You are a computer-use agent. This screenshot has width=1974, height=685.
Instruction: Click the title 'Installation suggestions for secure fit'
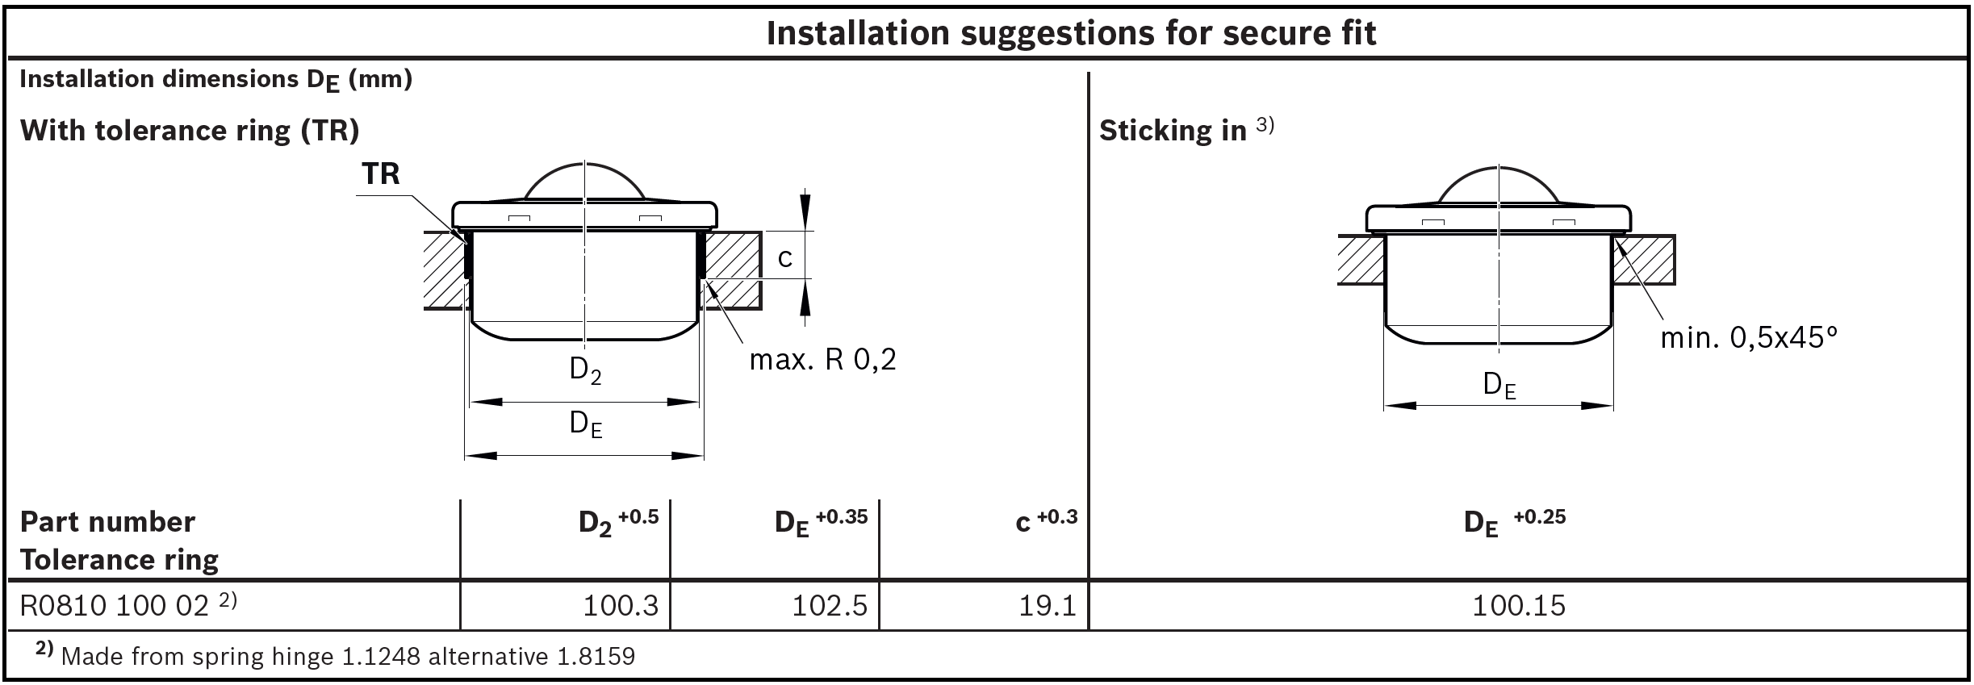[1071, 33]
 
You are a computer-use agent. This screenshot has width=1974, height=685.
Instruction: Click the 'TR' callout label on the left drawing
[381, 173]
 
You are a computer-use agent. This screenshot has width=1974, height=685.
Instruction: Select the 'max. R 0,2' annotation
[822, 359]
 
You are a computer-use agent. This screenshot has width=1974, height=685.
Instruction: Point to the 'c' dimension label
[784, 257]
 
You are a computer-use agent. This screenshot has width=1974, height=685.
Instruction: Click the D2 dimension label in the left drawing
[585, 370]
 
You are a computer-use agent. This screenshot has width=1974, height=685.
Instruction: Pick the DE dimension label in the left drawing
[586, 424]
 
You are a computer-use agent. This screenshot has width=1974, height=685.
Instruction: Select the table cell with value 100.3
[621, 605]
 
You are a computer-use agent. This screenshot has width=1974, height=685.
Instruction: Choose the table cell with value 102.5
[829, 605]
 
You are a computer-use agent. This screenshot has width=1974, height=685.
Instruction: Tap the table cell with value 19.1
[1046, 605]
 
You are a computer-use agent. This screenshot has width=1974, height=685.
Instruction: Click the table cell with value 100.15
[1519, 605]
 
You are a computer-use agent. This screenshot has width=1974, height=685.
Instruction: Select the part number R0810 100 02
[115, 605]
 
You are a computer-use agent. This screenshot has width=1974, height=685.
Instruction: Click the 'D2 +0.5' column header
[618, 522]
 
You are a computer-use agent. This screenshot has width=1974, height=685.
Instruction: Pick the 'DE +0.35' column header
[821, 522]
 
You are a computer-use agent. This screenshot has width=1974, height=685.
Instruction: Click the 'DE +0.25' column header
[1514, 522]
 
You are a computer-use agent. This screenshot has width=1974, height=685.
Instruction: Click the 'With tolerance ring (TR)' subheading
[190, 131]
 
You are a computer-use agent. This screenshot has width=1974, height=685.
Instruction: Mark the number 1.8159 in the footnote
[596, 656]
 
